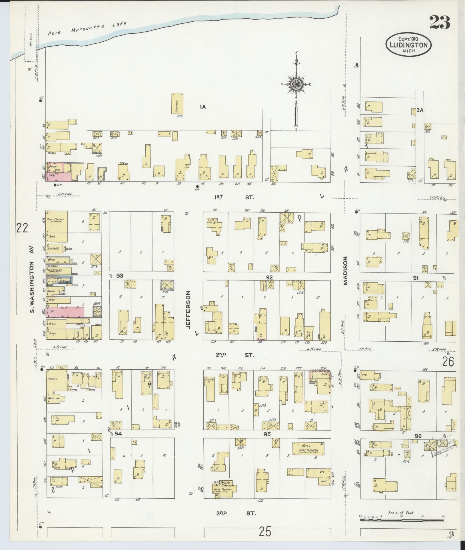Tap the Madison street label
click(x=346, y=271)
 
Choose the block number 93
click(x=119, y=276)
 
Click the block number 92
click(x=269, y=277)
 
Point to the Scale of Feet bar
click(x=401, y=520)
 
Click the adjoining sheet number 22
click(x=22, y=228)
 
